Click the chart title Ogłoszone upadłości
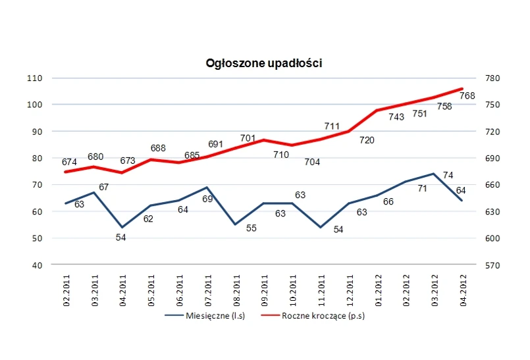pos(263,63)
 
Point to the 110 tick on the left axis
pos(53,78)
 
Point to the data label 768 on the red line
pos(467,96)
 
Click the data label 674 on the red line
pos(69,162)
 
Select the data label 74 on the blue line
pos(448,175)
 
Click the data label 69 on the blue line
pos(207,198)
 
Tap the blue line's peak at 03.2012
pos(434,174)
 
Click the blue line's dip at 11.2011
pos(321,227)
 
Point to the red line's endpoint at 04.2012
pos(462,88)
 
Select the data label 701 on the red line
pos(248,138)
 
